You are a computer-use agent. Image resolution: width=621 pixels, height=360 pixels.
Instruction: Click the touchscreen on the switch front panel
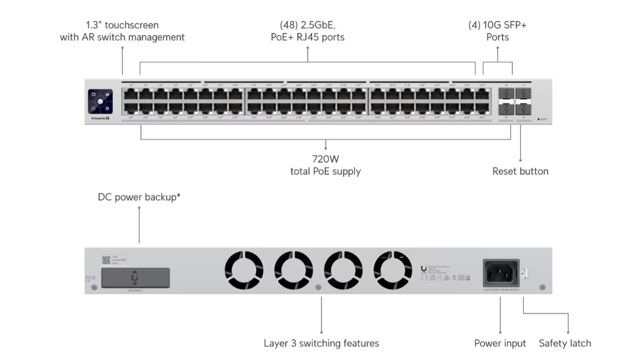pyautogui.click(x=100, y=102)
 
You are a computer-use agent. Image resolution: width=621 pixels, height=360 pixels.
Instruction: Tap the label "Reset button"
pyautogui.click(x=520, y=171)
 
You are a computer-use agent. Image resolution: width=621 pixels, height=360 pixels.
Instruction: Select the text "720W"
pyautogui.click(x=325, y=159)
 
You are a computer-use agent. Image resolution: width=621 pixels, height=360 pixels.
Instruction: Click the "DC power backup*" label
pyautogui.click(x=139, y=197)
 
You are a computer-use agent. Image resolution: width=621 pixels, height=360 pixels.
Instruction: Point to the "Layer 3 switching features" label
pyautogui.click(x=321, y=344)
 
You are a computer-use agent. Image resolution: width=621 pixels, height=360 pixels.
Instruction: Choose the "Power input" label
pyautogui.click(x=500, y=344)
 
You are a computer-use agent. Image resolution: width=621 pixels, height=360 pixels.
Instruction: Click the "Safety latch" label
pyautogui.click(x=564, y=344)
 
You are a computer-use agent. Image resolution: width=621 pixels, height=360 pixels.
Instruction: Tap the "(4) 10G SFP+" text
pyautogui.click(x=497, y=25)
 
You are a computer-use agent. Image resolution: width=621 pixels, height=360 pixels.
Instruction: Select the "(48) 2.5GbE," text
pyautogui.click(x=307, y=25)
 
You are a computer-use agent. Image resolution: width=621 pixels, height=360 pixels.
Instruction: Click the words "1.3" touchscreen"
pyautogui.click(x=122, y=25)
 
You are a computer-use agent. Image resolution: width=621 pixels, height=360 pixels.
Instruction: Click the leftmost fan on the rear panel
pyautogui.click(x=244, y=271)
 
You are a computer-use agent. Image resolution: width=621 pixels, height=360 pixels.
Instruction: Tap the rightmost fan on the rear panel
pyautogui.click(x=392, y=271)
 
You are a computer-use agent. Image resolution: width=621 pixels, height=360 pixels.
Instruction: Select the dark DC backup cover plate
pyautogui.click(x=135, y=277)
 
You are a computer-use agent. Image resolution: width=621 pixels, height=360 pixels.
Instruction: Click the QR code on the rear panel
pyautogui.click(x=106, y=260)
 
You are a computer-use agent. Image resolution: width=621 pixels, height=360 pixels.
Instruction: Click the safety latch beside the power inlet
pyautogui.click(x=523, y=273)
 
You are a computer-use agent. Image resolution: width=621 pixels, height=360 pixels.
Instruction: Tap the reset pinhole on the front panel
pyautogui.click(x=539, y=119)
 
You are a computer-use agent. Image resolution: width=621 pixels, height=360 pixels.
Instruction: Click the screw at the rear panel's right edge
pyautogui.click(x=542, y=288)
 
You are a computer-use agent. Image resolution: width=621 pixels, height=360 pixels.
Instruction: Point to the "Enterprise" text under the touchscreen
pyautogui.click(x=97, y=119)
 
